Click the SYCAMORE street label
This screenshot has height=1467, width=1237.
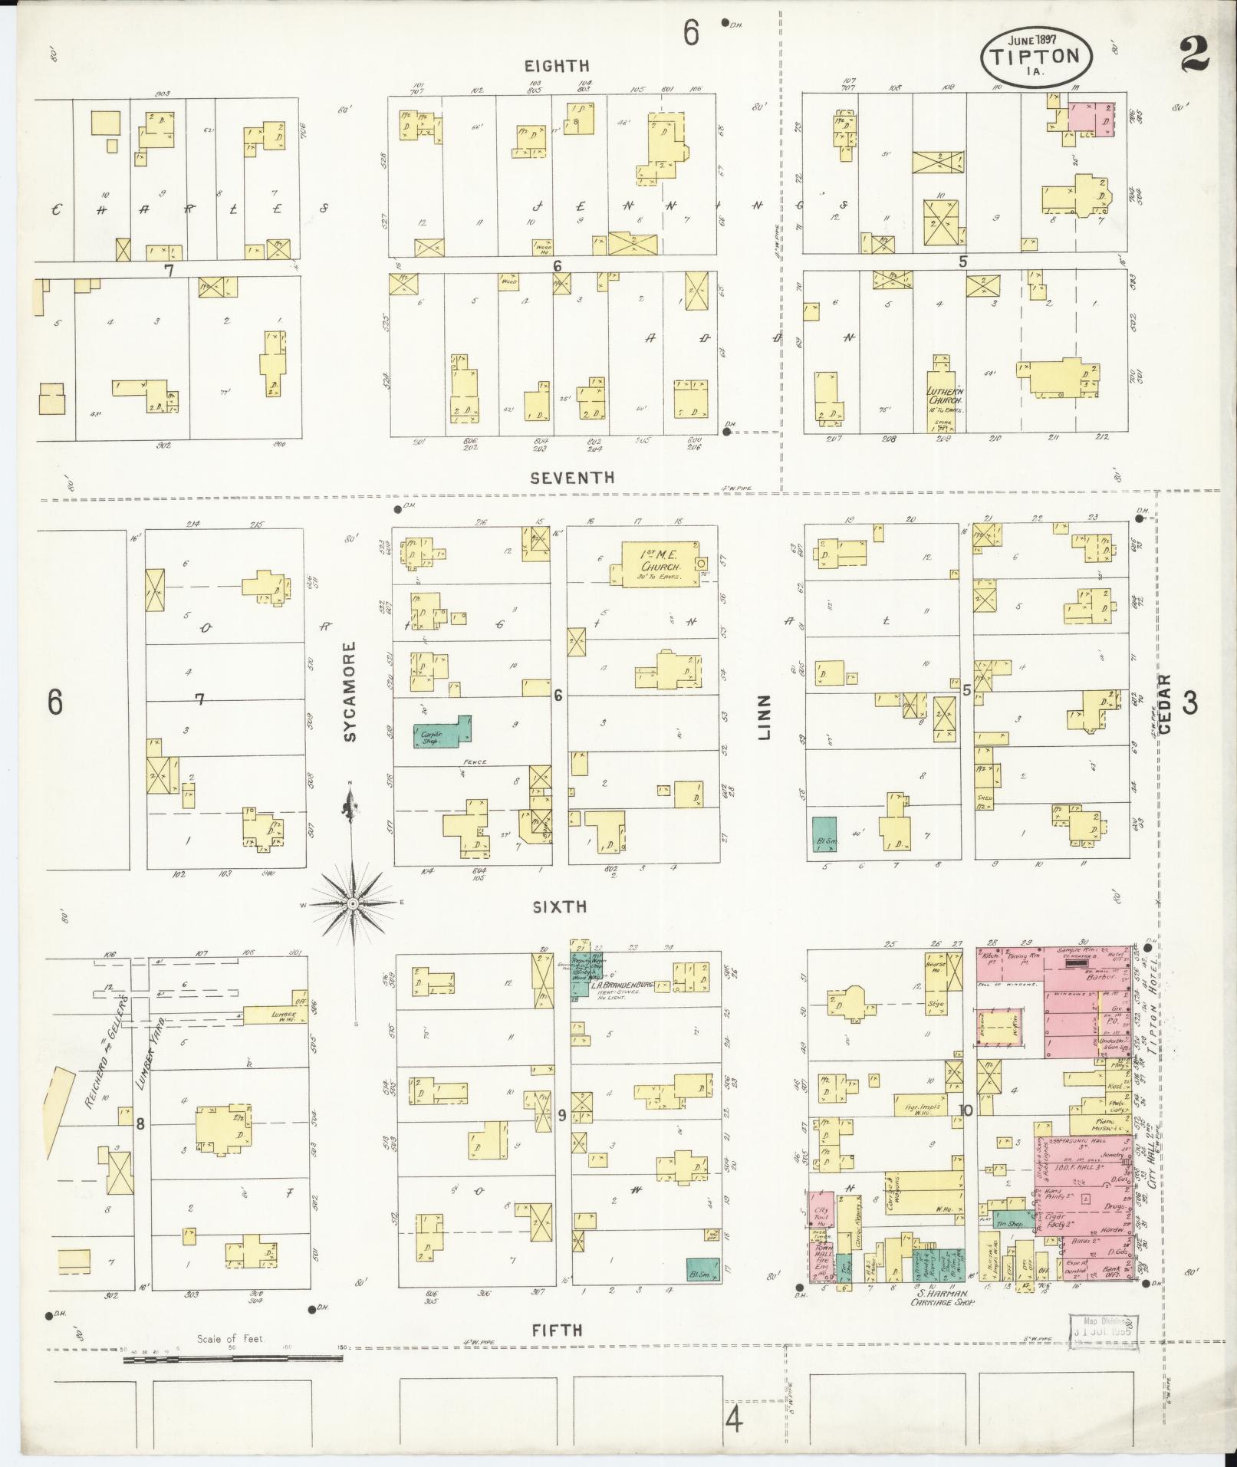click(x=350, y=692)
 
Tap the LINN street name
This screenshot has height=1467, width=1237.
click(x=764, y=718)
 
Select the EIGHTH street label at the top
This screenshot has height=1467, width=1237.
click(x=557, y=66)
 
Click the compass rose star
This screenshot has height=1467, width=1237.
click(x=353, y=905)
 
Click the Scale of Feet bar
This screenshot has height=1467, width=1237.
click(x=233, y=1358)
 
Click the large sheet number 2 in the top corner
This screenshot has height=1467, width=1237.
click(x=1196, y=52)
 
